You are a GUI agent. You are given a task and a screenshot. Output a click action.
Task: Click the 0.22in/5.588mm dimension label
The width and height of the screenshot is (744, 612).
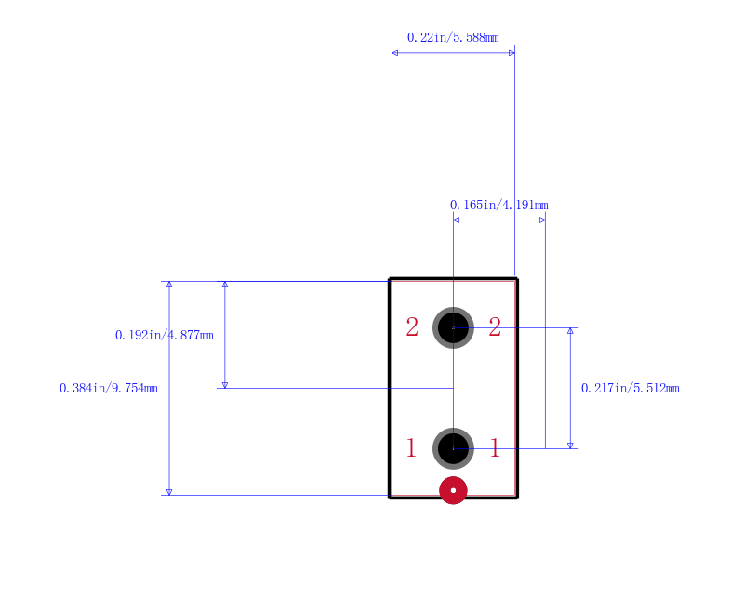click(x=453, y=37)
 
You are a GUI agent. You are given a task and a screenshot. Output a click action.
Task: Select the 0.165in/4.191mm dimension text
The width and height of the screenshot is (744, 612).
click(x=499, y=205)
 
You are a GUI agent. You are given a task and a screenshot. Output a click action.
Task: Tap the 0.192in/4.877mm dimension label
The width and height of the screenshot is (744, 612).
click(x=165, y=335)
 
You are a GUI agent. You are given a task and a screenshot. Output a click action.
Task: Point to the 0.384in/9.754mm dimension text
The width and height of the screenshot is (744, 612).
click(x=109, y=388)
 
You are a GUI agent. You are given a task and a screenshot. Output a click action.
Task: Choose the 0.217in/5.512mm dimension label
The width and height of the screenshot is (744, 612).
click(x=631, y=388)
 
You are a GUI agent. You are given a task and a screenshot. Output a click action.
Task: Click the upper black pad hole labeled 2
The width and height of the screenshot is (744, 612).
click(x=453, y=327)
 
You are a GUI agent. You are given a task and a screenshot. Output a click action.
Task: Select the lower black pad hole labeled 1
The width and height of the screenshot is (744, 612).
click(x=453, y=448)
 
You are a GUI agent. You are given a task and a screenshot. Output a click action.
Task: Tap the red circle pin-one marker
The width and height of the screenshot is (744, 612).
click(x=453, y=490)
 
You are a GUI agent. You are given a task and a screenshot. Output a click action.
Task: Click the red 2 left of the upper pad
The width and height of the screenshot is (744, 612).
click(x=412, y=327)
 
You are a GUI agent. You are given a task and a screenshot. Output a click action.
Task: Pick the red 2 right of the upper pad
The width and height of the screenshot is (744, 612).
click(x=495, y=327)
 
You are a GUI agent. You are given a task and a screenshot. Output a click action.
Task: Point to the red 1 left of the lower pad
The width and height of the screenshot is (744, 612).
click(x=411, y=448)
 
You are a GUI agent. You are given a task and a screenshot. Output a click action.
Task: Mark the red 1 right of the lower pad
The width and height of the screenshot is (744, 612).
click(x=495, y=448)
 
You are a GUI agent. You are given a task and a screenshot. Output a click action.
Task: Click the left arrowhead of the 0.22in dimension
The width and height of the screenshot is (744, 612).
click(x=394, y=53)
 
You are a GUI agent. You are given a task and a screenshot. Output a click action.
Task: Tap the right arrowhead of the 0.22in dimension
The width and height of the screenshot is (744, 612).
click(x=511, y=53)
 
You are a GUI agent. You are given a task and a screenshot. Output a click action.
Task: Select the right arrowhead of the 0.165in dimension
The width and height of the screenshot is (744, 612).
click(x=542, y=220)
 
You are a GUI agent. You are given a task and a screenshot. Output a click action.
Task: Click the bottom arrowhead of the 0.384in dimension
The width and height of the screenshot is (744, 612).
click(x=169, y=492)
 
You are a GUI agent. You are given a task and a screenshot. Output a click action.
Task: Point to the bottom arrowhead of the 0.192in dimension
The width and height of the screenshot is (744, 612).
click(x=225, y=385)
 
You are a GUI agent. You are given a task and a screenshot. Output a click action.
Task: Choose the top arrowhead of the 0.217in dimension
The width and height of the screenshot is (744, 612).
click(x=570, y=331)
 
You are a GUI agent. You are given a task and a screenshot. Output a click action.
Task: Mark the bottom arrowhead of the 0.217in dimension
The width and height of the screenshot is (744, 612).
click(x=570, y=446)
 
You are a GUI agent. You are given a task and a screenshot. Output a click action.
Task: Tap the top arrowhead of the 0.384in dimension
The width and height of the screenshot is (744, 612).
click(x=169, y=285)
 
